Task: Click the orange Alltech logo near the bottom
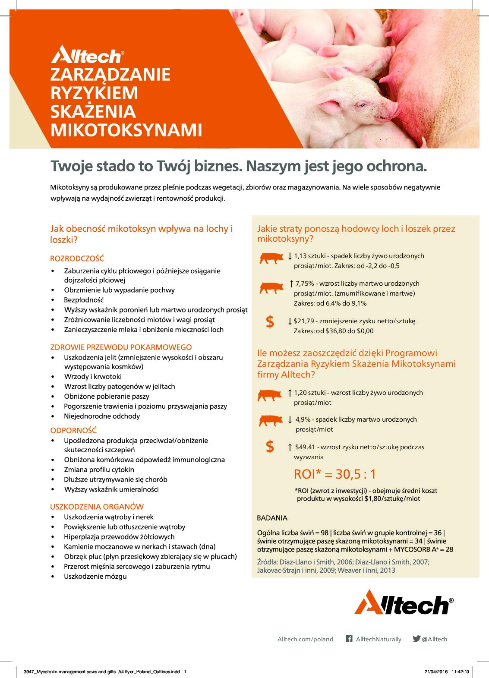[404, 602]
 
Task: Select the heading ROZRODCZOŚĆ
[77, 259]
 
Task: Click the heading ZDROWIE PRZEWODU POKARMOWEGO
[121, 347]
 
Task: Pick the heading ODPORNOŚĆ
[73, 430]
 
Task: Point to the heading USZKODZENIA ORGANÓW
[97, 507]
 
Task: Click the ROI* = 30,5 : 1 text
[335, 474]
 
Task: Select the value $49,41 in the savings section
[305, 447]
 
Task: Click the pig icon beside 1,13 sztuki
[271, 258]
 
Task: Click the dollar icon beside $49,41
[270, 447]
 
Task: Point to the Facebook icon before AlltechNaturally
[349, 639]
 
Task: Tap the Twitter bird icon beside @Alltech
[416, 639]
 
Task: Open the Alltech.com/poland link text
[305, 639]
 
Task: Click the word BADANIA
[272, 518]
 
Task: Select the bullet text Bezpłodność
[84, 300]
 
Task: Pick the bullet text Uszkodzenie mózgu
[95, 577]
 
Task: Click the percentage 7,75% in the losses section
[305, 284]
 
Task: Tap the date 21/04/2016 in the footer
[436, 672]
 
